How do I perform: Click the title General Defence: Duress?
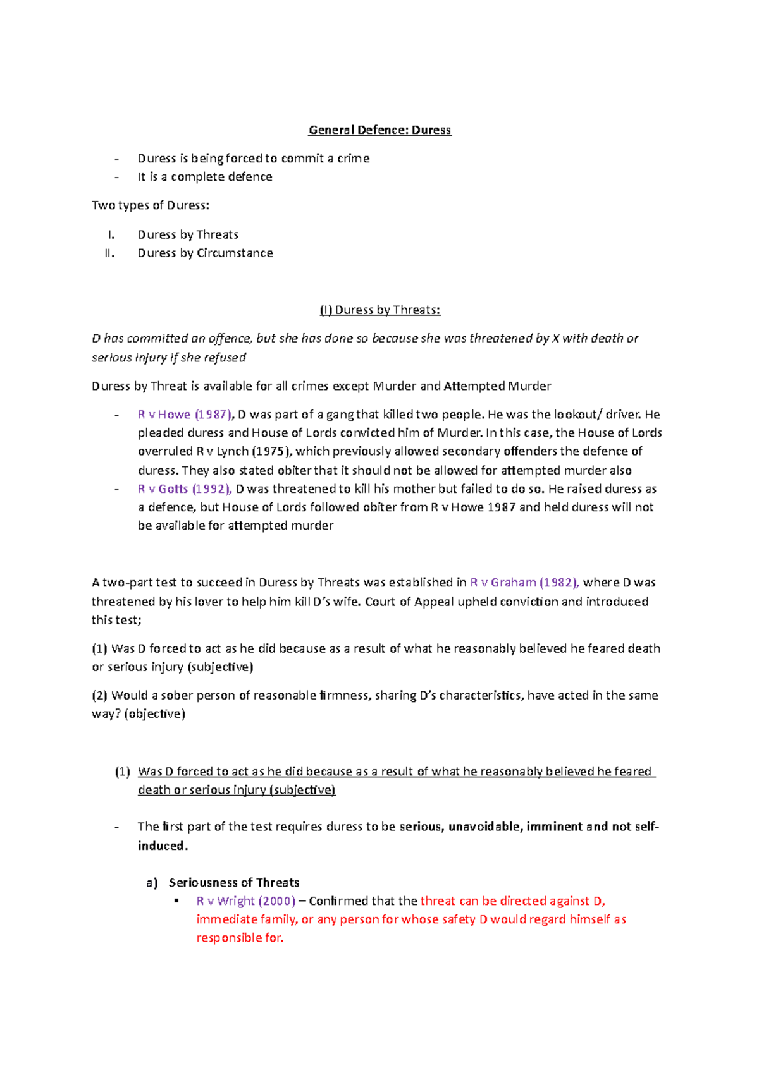click(x=379, y=130)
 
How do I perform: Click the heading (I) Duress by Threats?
click(x=379, y=310)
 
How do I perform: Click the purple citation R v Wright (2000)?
click(x=246, y=900)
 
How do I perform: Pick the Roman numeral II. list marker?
click(x=109, y=253)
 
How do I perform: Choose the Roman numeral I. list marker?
click(x=111, y=234)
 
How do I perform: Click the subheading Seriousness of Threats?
click(x=233, y=882)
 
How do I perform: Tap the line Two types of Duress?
click(x=150, y=205)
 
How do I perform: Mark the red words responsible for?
click(x=240, y=938)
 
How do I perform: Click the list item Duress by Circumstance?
click(x=205, y=253)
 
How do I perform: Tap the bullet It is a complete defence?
click(x=204, y=177)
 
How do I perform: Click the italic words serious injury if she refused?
click(x=169, y=358)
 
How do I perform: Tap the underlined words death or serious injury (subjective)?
click(x=237, y=790)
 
